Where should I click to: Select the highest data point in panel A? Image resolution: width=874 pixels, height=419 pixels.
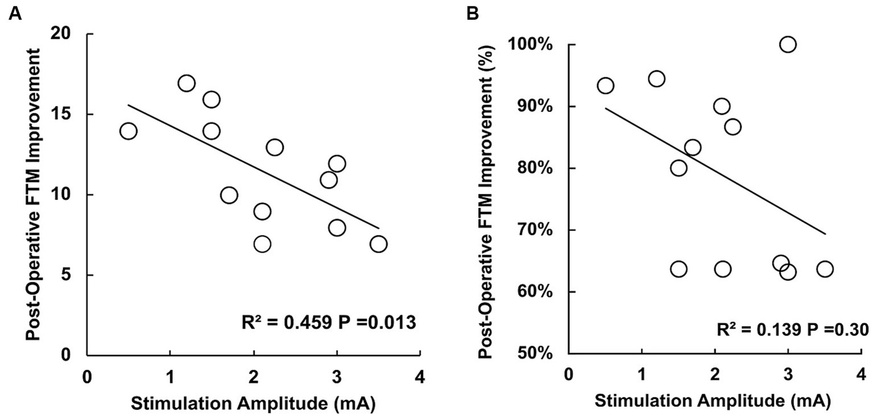pyautogui.click(x=186, y=83)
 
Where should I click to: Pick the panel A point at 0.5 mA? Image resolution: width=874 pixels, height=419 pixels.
pyautogui.click(x=128, y=131)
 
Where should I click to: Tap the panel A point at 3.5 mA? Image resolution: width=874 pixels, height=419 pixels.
pyautogui.click(x=378, y=244)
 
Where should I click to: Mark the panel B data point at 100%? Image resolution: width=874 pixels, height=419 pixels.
pyautogui.click(x=787, y=44)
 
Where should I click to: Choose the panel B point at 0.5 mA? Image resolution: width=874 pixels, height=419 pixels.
pyautogui.click(x=605, y=85)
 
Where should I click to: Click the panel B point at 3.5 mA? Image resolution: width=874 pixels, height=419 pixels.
pyautogui.click(x=824, y=268)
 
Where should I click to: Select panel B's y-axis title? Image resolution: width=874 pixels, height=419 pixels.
pyautogui.click(x=486, y=196)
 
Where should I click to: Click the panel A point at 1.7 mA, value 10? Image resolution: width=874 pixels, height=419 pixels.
pyautogui.click(x=229, y=196)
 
